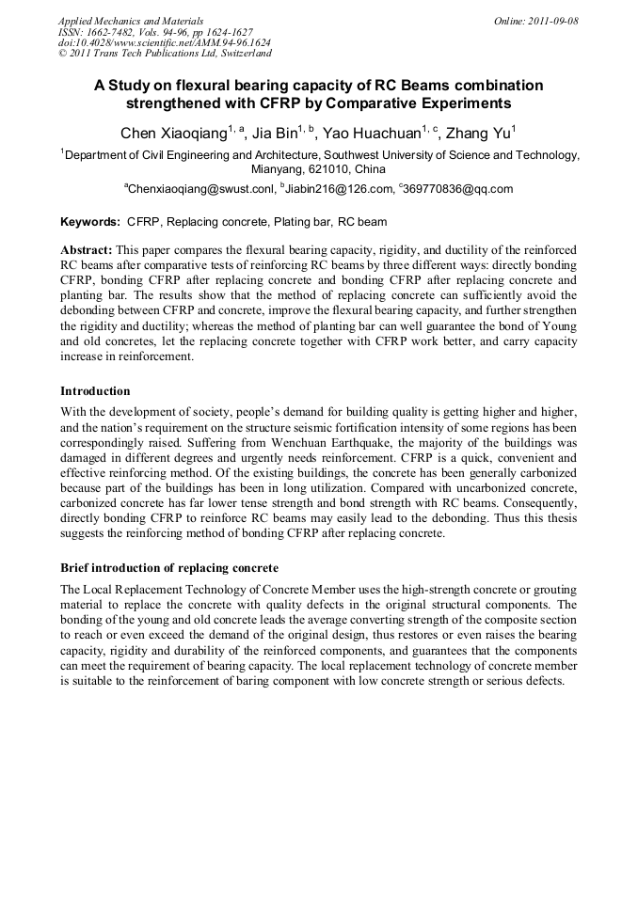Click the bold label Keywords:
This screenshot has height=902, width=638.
[x=90, y=222]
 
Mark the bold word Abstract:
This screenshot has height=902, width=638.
[x=87, y=250]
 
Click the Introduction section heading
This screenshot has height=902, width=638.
[x=95, y=390]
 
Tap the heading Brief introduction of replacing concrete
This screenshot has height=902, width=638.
[x=169, y=569]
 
